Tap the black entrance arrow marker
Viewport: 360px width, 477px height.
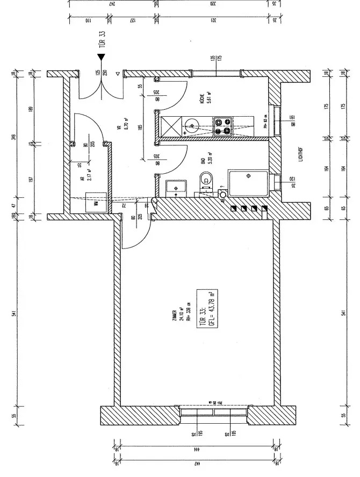click(x=101, y=56)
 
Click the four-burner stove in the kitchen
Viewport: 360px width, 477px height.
click(x=222, y=126)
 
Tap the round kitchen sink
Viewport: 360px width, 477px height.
click(x=191, y=127)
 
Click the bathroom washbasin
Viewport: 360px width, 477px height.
click(x=175, y=187)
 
